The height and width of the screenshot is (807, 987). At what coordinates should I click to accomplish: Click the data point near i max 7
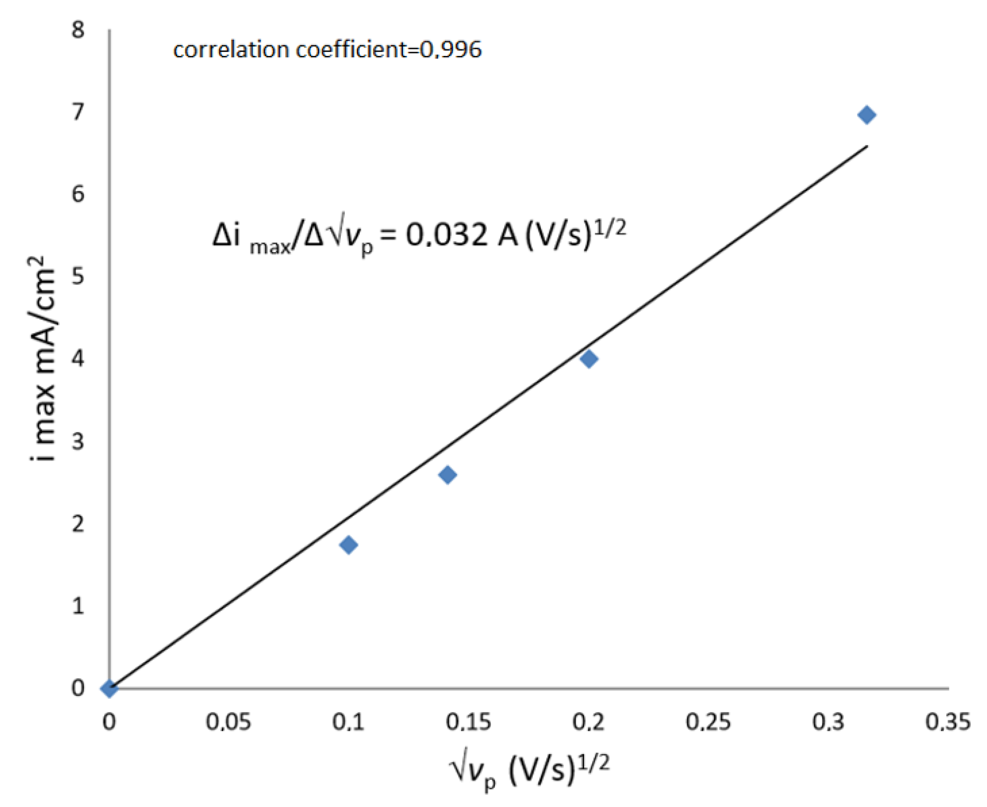point(867,115)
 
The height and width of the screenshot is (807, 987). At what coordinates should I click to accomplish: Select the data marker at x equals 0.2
point(589,359)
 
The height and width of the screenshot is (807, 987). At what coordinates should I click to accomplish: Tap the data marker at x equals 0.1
point(349,544)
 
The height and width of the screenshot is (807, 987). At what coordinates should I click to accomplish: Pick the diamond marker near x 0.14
point(447,475)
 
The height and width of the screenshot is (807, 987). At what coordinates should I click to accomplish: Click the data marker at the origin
point(109,688)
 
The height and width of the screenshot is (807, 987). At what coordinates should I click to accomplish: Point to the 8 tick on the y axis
point(78,30)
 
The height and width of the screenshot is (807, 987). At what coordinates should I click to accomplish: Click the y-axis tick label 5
point(78,277)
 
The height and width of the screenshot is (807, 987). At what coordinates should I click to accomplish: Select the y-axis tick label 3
point(78,441)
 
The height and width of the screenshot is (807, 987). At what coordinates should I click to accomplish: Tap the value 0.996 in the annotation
point(450,50)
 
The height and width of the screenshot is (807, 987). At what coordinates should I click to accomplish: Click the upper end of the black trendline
point(866,147)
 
